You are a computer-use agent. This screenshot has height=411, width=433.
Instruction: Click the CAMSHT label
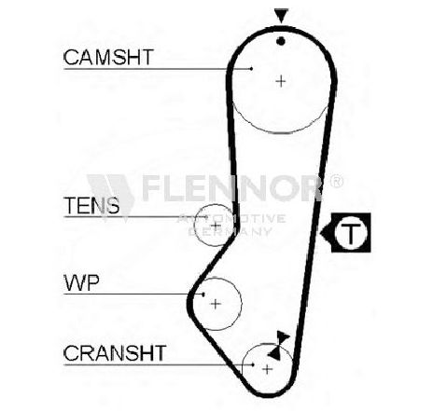point(108,57)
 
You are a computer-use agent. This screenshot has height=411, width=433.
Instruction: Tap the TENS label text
point(91,205)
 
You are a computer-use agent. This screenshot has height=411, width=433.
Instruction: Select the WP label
point(81,282)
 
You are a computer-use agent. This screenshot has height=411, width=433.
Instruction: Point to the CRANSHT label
point(115,353)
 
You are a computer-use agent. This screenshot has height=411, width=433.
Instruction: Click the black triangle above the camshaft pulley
point(281,16)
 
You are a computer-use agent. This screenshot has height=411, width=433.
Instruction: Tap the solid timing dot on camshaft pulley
point(281,41)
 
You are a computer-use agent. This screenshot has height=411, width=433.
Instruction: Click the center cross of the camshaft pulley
point(281,81)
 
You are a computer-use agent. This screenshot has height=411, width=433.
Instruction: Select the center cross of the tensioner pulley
point(216,226)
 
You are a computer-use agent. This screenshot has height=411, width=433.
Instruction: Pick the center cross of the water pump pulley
point(216,304)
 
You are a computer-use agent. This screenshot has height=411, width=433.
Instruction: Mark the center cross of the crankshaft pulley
point(267,369)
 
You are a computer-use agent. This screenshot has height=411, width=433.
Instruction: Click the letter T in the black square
point(351,233)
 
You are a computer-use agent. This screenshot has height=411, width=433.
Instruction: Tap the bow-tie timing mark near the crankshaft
point(279,345)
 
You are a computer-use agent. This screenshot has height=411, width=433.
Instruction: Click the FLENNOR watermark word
point(231,187)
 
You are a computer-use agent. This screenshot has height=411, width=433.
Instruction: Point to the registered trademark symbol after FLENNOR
point(336,181)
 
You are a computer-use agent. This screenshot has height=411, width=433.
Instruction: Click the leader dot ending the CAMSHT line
point(251,69)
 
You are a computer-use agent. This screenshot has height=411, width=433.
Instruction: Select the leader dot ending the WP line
point(203,294)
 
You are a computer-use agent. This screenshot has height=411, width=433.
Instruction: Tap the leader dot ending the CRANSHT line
point(253,364)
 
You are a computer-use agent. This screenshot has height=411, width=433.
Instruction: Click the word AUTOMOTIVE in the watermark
point(231,219)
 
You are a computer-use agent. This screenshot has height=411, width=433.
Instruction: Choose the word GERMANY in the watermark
point(230,231)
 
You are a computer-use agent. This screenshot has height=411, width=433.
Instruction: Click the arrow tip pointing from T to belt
point(320,232)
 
